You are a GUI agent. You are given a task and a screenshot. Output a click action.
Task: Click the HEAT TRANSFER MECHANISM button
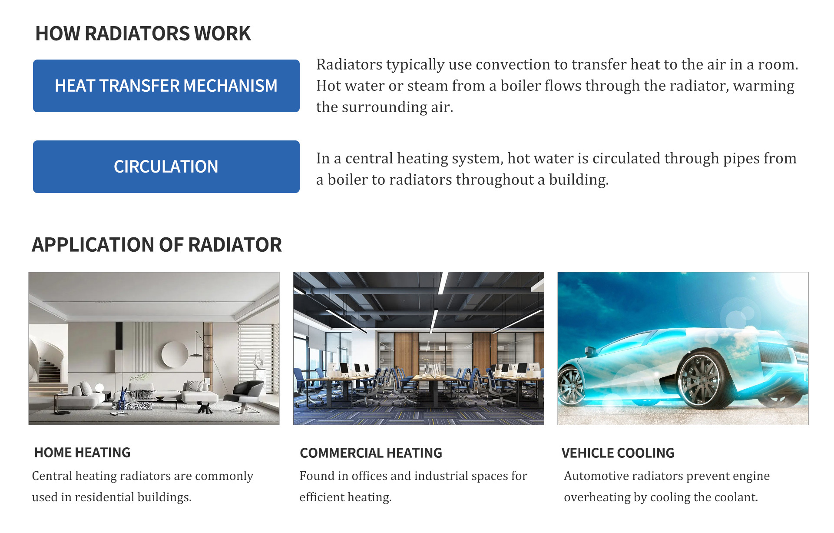(166, 86)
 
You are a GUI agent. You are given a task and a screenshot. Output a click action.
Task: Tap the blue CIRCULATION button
(166, 167)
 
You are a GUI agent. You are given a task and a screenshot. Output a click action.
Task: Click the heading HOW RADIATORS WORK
(143, 33)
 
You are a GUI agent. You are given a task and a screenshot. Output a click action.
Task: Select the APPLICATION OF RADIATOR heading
(157, 245)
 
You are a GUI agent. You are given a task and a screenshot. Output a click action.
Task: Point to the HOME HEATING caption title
(83, 453)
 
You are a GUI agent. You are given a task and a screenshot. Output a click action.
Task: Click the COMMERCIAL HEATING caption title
(371, 453)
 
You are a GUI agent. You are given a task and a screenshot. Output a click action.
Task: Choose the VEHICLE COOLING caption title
(618, 453)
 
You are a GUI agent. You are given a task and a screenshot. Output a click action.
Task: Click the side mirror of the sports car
(590, 350)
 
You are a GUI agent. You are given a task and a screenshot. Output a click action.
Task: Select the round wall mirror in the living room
(175, 354)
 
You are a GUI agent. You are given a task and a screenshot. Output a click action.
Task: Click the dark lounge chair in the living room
(245, 394)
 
